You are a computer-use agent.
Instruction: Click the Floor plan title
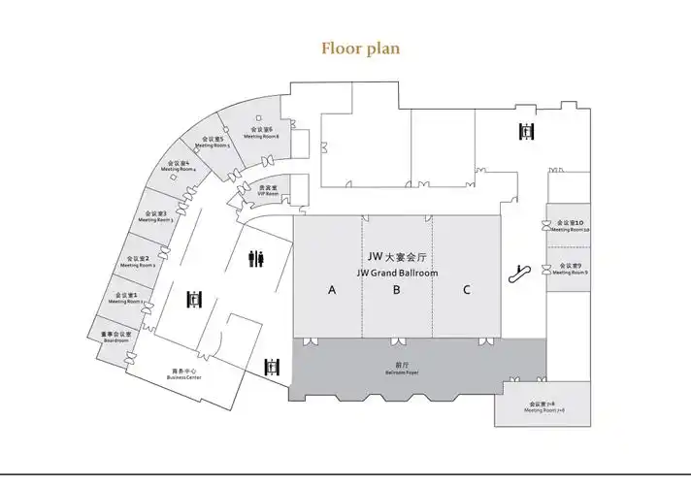point(360,47)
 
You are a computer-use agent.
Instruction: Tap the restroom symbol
point(257,258)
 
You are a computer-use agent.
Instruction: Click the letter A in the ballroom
point(331,289)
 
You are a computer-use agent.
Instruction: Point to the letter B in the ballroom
point(397,289)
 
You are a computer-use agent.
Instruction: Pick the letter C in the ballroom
point(467,289)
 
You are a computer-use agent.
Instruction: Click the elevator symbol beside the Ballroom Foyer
point(273,367)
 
